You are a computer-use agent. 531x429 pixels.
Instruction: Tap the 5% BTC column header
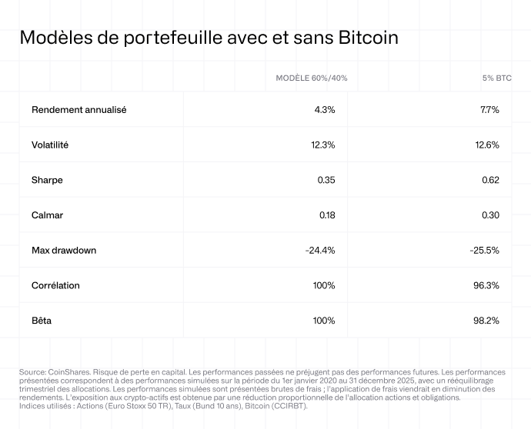coord(496,78)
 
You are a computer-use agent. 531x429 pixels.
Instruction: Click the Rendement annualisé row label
coord(78,110)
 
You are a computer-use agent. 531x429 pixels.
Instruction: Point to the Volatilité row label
coord(50,145)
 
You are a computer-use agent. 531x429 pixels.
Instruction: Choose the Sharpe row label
coord(47,180)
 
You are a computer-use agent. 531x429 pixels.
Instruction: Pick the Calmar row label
coord(47,215)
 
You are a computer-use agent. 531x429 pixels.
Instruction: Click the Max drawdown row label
coord(64,251)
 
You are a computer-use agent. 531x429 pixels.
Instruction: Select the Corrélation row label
coord(55,285)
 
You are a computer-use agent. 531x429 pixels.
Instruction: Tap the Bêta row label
coord(42,321)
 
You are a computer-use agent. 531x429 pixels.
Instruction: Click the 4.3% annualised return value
coord(324,110)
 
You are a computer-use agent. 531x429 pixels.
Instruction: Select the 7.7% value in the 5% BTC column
coord(489,110)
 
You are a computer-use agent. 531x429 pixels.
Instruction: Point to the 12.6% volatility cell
coord(487,145)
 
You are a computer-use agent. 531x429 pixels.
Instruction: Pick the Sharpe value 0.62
coord(490,180)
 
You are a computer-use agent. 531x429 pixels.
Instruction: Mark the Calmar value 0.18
coord(326,215)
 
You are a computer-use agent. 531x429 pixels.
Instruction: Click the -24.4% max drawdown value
coord(320,251)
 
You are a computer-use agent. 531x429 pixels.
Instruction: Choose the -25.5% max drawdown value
coord(485,251)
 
